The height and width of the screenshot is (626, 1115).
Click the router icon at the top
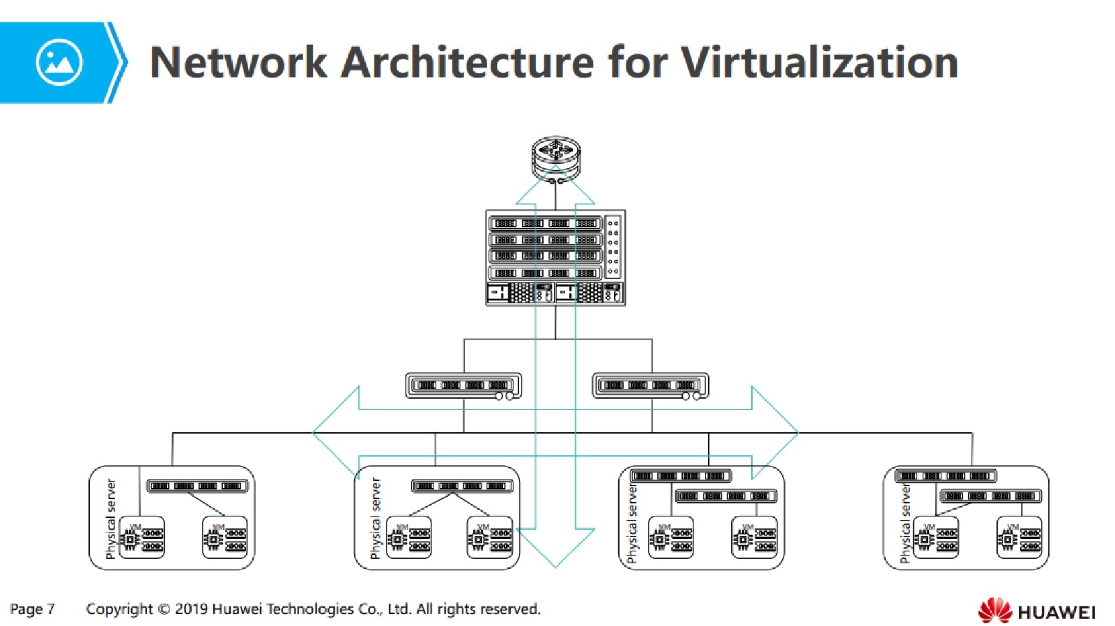555,158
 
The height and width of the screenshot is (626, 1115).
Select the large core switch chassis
555,257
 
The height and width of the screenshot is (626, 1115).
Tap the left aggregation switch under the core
463,385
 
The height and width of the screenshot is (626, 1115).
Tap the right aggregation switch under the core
650,385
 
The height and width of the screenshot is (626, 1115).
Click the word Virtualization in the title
819,63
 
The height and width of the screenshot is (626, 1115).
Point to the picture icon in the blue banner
59,63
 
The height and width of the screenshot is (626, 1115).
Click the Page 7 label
32,609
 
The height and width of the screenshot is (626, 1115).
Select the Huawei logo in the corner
1036,611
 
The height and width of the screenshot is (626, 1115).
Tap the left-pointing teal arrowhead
334,432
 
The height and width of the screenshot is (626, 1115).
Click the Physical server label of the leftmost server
110,519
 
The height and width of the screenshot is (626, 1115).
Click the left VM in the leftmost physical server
142,537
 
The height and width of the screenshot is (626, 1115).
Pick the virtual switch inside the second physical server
462,486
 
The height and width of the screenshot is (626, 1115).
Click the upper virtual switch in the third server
680,476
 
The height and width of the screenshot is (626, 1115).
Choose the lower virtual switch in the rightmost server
990,496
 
